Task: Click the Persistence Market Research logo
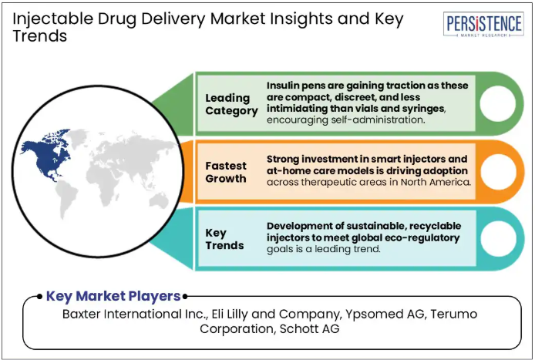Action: tap(483, 25)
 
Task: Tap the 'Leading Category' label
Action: tap(232, 104)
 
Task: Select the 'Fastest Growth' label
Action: tap(226, 172)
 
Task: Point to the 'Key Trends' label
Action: tap(224, 239)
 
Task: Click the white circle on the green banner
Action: tap(497, 103)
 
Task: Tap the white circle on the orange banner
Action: tap(498, 172)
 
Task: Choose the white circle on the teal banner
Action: tap(498, 238)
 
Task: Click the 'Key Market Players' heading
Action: tap(113, 296)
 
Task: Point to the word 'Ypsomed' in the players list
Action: tap(368, 315)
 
